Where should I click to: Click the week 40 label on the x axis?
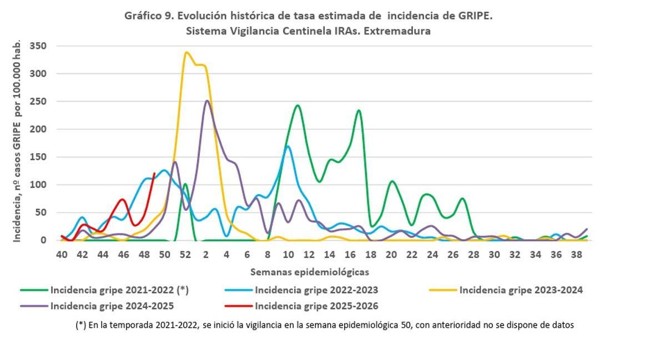tap(62, 255)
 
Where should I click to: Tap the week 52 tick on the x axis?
tap(185, 255)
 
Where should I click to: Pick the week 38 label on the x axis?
tap(577, 255)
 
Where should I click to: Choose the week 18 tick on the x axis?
tap(371, 255)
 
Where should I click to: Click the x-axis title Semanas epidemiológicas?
tap(309, 272)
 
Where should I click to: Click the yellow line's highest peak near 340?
tap(186, 53)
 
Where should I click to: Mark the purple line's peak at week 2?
tap(206, 101)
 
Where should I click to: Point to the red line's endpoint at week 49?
tap(154, 173)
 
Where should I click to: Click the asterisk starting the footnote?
tap(80, 325)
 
